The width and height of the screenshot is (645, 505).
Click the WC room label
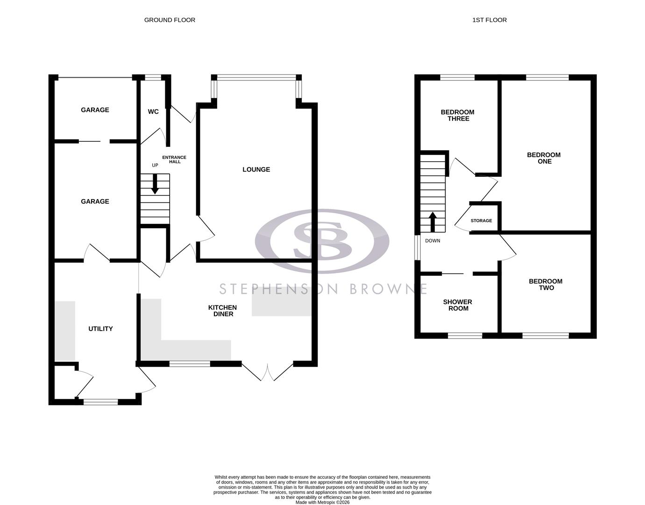pyautogui.click(x=153, y=112)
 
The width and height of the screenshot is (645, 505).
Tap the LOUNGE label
pyautogui.click(x=256, y=170)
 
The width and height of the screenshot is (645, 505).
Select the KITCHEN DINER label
pyautogui.click(x=223, y=311)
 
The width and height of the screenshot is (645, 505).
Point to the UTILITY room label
pyautogui.click(x=100, y=329)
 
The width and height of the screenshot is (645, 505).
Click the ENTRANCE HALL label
pyautogui.click(x=174, y=159)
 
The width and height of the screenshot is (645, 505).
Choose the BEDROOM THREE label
pyautogui.click(x=458, y=115)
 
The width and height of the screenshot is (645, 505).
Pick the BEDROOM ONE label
pyautogui.click(x=544, y=158)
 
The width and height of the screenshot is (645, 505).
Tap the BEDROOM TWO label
pyautogui.click(x=546, y=285)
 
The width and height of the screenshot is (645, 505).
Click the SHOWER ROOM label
pyautogui.click(x=458, y=305)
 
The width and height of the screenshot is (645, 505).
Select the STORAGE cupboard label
pyautogui.click(x=481, y=221)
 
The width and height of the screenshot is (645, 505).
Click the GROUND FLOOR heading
pyautogui.click(x=170, y=20)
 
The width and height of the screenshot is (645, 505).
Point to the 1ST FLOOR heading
pyautogui.click(x=489, y=20)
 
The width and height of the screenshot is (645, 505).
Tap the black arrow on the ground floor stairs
pyautogui.click(x=155, y=184)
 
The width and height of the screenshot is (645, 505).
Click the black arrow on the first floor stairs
pyautogui.click(x=432, y=222)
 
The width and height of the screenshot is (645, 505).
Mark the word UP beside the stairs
pyautogui.click(x=155, y=166)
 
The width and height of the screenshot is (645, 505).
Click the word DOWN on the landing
pyautogui.click(x=432, y=241)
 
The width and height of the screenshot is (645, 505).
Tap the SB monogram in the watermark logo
pyautogui.click(x=322, y=241)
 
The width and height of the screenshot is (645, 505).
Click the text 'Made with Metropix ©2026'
pyautogui.click(x=322, y=503)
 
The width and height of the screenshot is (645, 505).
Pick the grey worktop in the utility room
pyautogui.click(x=65, y=331)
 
